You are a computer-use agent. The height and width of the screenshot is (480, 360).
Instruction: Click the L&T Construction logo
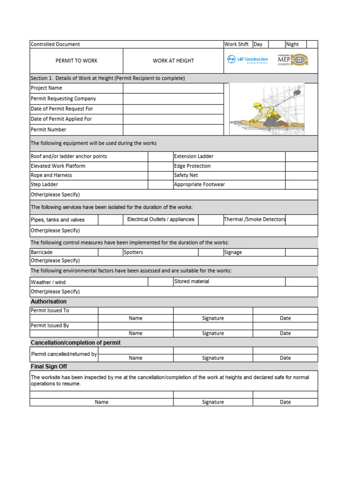coord(247,60)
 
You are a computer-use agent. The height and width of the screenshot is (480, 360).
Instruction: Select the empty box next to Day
coord(276,45)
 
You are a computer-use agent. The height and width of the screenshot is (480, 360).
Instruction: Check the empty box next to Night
coord(312,45)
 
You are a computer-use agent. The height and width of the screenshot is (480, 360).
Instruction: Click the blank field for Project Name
coord(173,88)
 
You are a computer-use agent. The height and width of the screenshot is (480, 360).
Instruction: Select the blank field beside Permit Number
coord(173,130)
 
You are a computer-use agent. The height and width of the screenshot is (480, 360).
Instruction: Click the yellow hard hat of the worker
coord(256,105)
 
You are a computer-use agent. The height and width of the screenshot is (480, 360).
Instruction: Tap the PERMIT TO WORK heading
coord(76,61)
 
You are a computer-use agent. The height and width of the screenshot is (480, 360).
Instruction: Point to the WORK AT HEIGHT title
coord(173,61)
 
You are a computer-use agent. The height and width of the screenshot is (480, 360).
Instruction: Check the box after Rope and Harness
coord(160,175)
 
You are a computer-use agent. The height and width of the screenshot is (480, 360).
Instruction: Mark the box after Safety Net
coord(301,175)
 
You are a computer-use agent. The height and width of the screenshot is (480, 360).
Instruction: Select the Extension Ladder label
coord(194,157)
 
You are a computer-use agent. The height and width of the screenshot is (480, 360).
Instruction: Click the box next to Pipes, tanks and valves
coord(110,219)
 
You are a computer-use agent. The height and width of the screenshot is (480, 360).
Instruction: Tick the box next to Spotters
coord(210,252)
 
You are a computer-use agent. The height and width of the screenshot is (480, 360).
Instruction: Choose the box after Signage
coord(301,252)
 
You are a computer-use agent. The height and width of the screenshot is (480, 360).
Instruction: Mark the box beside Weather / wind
coord(160,282)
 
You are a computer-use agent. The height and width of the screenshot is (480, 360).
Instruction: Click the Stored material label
coord(191,282)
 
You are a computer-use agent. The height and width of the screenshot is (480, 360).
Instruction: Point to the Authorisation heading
coord(48,301)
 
